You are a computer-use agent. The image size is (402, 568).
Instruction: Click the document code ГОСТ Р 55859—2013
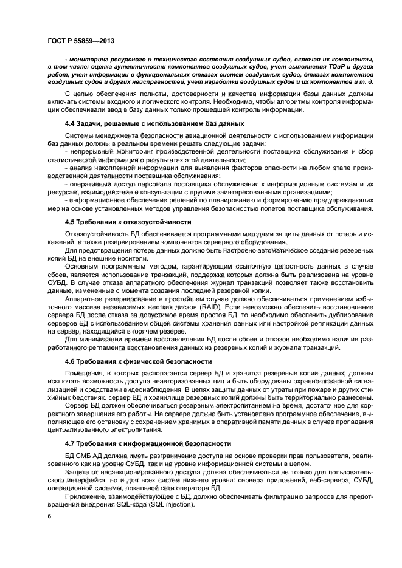(77, 40)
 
